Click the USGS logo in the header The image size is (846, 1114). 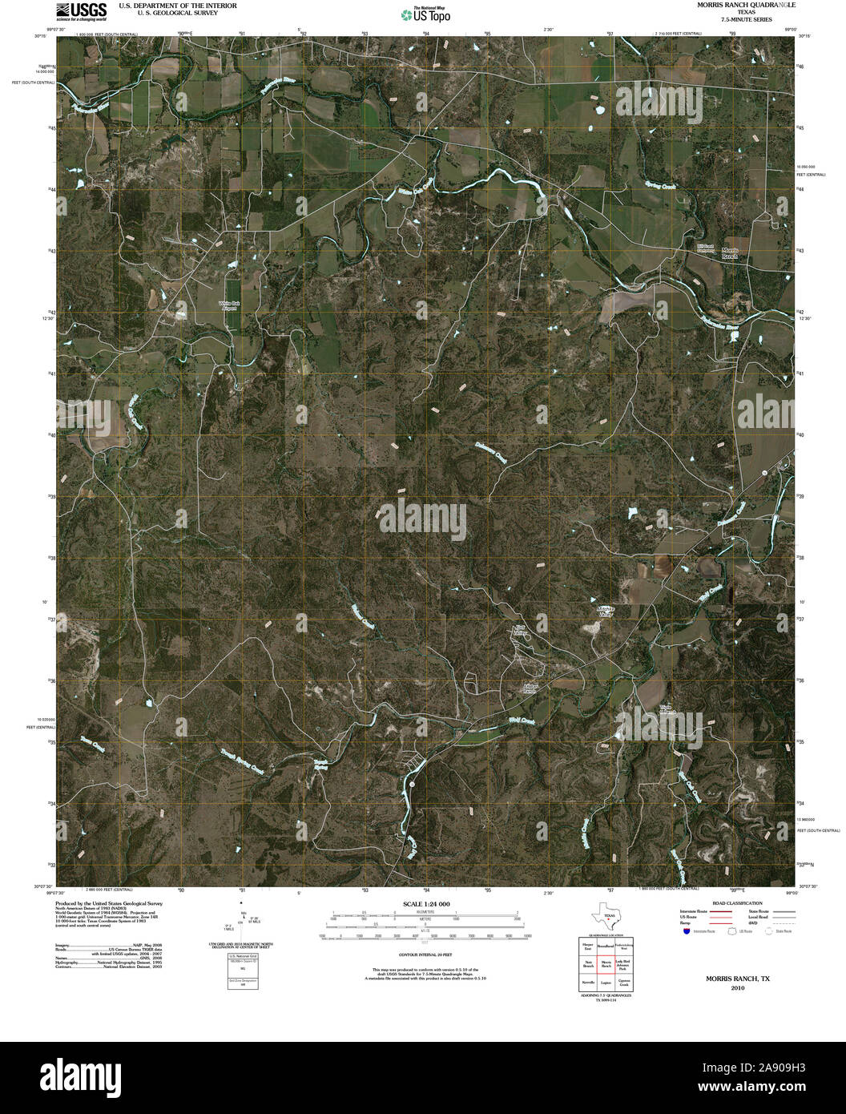pyautogui.click(x=81, y=10)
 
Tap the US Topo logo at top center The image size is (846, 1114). pyautogui.click(x=425, y=14)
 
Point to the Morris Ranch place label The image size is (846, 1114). pyautogui.click(x=729, y=254)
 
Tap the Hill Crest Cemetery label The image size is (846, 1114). pyautogui.click(x=704, y=248)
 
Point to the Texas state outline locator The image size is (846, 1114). pyautogui.click(x=605, y=916)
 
